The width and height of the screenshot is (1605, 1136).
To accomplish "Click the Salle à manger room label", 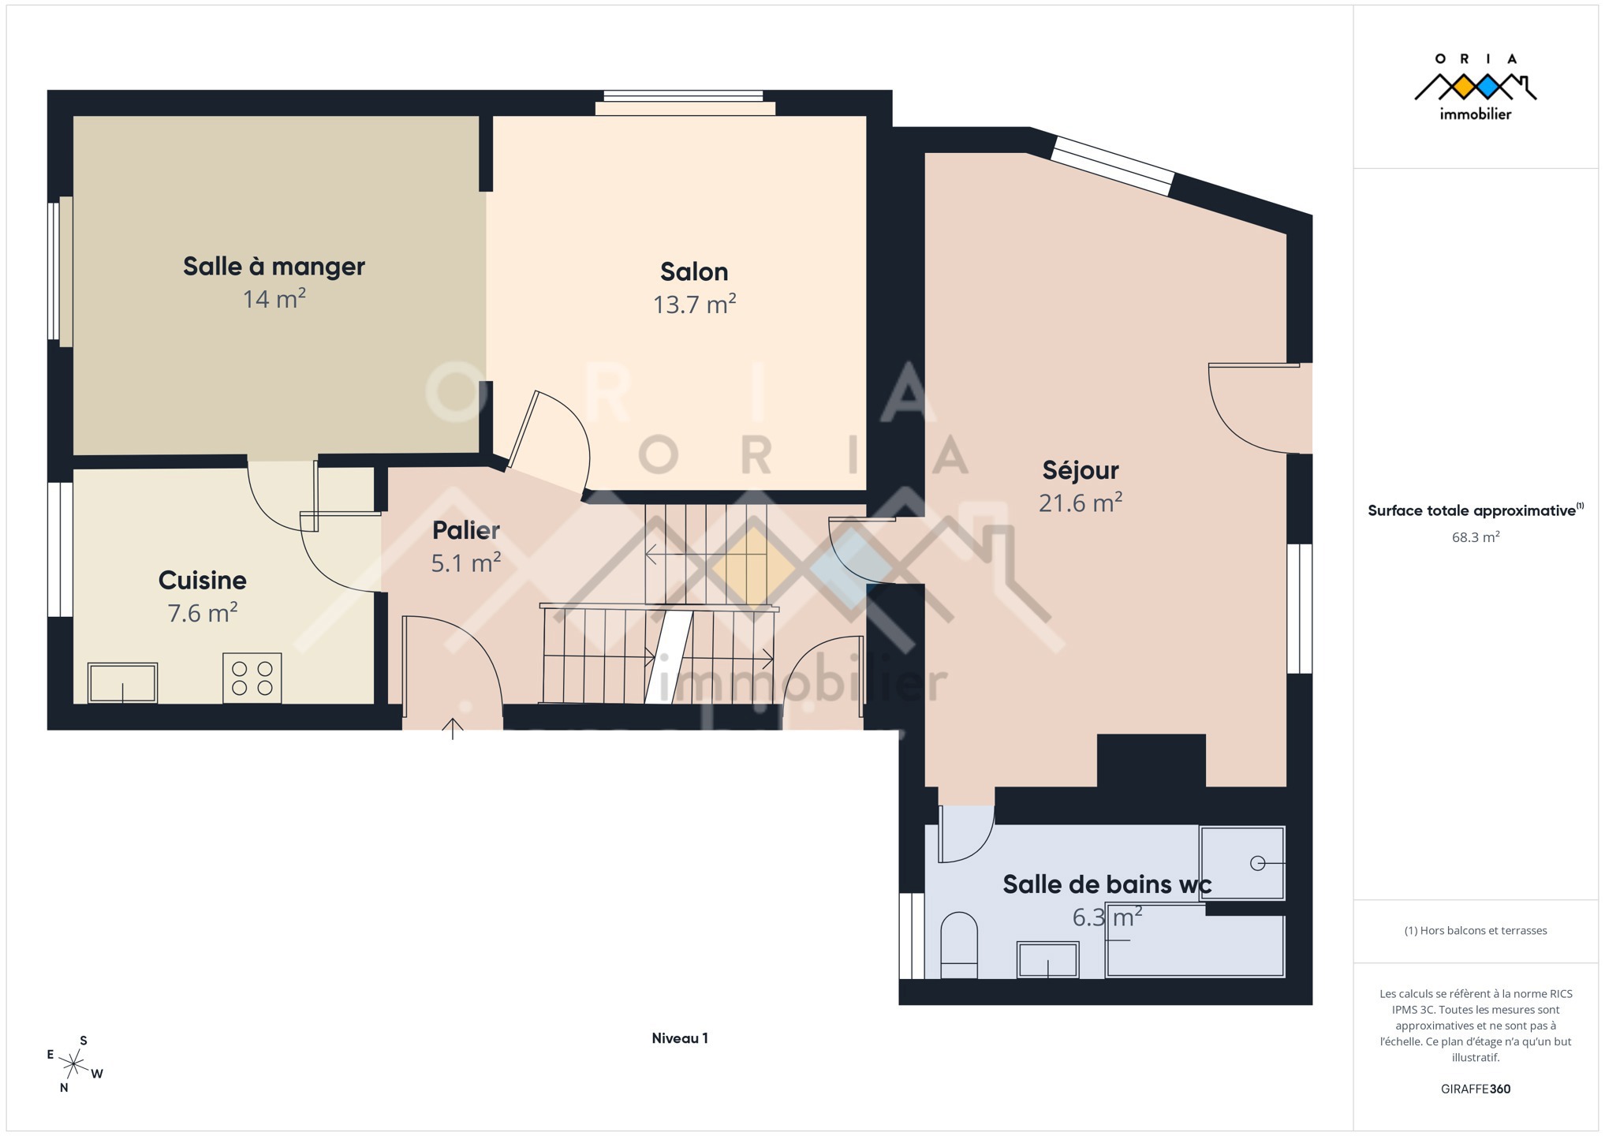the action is (x=274, y=267).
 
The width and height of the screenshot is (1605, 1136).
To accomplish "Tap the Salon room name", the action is (x=694, y=272).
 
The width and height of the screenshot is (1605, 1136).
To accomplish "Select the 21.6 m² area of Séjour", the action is (x=1081, y=503).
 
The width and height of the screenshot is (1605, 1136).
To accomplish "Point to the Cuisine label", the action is (x=203, y=581).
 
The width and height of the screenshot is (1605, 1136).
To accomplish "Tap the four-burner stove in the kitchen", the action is (x=252, y=678).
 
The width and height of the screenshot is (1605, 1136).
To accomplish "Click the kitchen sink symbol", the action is (x=122, y=683).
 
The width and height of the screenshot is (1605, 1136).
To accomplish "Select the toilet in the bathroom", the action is (x=959, y=945).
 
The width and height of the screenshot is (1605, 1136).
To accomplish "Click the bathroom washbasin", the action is (x=1048, y=960).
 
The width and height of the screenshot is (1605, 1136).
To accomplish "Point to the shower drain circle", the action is (x=1258, y=863).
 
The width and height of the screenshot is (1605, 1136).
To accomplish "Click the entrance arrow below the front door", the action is (x=453, y=729).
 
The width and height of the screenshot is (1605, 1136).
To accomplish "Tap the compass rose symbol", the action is (x=73, y=1064).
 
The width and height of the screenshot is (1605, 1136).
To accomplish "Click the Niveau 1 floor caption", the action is (x=680, y=1038).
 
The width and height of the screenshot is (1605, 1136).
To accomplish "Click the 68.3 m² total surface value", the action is (x=1476, y=537).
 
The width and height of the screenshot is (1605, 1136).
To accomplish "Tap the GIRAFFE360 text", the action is (x=1476, y=1089).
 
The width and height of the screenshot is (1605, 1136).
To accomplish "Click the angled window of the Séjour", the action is (x=1113, y=166).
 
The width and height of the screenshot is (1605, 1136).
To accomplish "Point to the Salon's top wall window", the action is (x=684, y=103).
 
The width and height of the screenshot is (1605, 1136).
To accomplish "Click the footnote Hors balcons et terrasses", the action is (x=1476, y=931).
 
